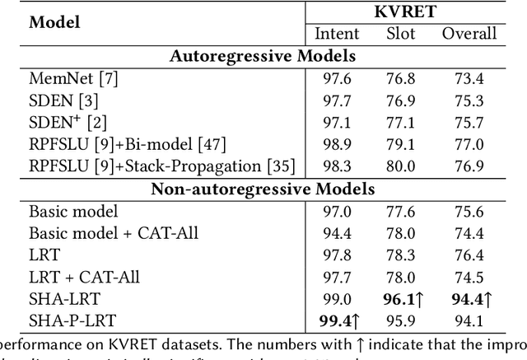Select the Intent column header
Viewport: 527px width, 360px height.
(337, 34)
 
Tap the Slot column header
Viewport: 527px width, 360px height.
(401, 34)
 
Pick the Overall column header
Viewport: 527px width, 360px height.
(469, 34)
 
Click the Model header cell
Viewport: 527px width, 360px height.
(55, 22)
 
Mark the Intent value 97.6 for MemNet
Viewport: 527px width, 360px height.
(336, 78)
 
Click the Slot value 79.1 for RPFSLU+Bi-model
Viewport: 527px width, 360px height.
(401, 144)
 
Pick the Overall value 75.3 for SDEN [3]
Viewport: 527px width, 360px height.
(469, 101)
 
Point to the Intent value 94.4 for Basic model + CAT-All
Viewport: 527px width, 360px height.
(336, 232)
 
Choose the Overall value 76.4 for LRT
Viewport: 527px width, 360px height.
(469, 255)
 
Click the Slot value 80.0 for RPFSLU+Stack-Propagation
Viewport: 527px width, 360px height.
(401, 166)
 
